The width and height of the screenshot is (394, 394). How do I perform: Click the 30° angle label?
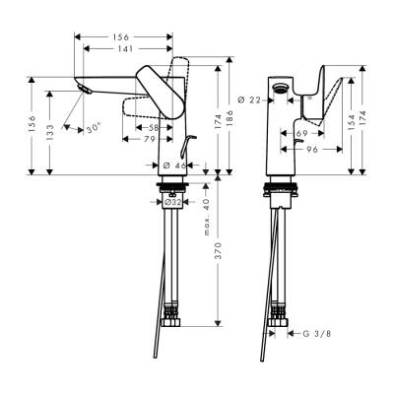click(94, 128)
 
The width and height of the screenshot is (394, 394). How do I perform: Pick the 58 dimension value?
click(155, 128)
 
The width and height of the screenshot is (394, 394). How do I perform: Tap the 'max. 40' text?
click(206, 218)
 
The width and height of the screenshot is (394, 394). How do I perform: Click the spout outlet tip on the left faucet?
click(82, 92)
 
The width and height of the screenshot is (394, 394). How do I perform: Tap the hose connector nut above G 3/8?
click(277, 322)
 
